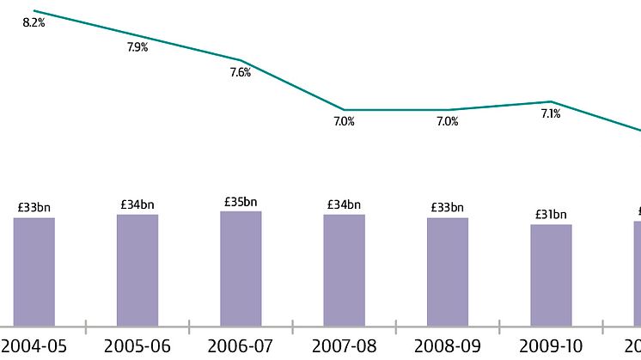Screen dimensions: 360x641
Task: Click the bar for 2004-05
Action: click(34, 272)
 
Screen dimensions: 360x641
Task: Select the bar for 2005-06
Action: click(137, 270)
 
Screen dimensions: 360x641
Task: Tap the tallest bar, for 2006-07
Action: click(241, 268)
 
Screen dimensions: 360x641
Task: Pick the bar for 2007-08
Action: click(344, 270)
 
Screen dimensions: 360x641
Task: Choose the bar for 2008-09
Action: click(448, 272)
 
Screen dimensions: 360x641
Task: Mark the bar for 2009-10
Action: click(551, 275)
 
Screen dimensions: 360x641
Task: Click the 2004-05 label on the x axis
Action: click(34, 346)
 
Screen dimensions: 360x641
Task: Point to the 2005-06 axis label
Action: click(137, 346)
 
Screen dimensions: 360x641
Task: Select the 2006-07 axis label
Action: click(241, 346)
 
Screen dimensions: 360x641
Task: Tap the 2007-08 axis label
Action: click(344, 346)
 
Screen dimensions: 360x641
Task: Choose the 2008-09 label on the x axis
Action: click(448, 346)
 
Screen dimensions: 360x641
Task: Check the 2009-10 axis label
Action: click(551, 346)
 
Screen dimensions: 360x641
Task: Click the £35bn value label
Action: click(241, 202)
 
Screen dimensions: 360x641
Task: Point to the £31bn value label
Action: click(551, 215)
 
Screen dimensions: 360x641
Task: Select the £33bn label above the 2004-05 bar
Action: click(34, 207)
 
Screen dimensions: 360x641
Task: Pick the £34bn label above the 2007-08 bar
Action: click(344, 204)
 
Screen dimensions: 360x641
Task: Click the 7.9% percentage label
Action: click(137, 48)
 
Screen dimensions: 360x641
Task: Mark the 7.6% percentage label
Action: click(241, 73)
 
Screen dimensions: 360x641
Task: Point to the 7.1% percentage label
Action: click(551, 113)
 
